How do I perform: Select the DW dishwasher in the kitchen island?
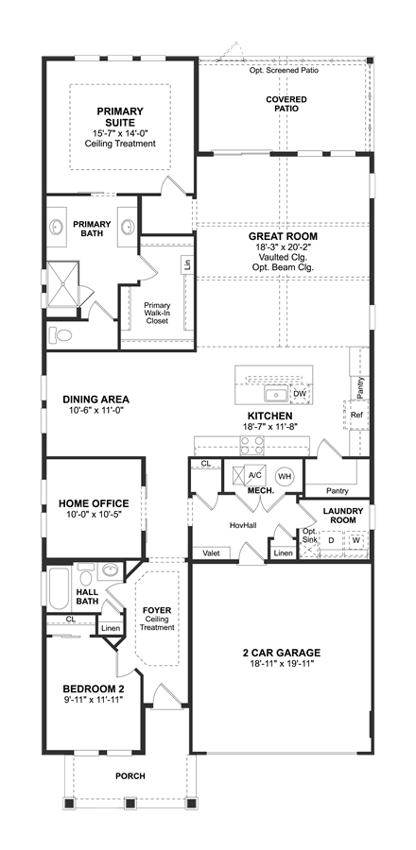pos(300,394)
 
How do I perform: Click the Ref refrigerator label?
pos(356,415)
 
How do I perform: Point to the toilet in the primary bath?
pos(61,335)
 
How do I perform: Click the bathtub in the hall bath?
pos(60,588)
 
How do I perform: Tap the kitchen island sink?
pos(277,395)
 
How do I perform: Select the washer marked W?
pos(355,540)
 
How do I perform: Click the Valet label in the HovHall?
pos(211,553)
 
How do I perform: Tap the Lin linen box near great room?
pos(187,265)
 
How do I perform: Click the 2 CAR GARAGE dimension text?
pos(282,664)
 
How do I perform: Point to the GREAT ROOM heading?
pos(283,236)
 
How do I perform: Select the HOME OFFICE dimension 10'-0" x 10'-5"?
pos(94,514)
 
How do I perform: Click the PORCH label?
pos(130,776)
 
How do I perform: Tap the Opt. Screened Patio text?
pos(284,71)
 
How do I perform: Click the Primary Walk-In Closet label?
pos(157,313)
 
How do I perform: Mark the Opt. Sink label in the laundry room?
pos(309,535)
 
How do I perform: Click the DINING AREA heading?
pos(96,399)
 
